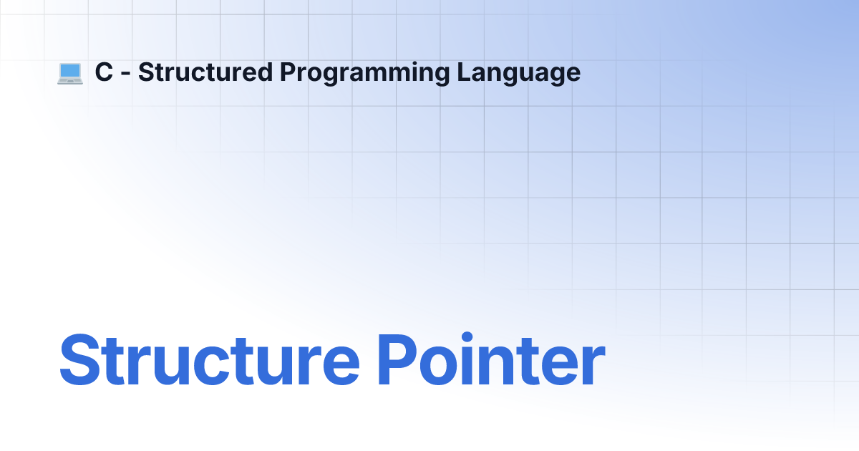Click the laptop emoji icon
tap(70, 73)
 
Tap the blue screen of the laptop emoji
tap(70, 71)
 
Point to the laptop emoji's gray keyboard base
tap(70, 81)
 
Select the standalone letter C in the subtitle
tap(104, 72)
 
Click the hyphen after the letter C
tap(126, 74)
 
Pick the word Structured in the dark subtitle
tap(205, 72)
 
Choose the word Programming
tap(364, 73)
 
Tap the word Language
tap(519, 73)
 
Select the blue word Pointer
tap(492, 359)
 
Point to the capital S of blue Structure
tap(79, 359)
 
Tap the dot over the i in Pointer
tap(467, 337)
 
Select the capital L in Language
tap(465, 72)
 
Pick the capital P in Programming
tap(288, 72)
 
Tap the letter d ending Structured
tap(264, 72)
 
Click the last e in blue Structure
tap(341, 366)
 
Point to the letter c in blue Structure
tap(212, 366)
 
